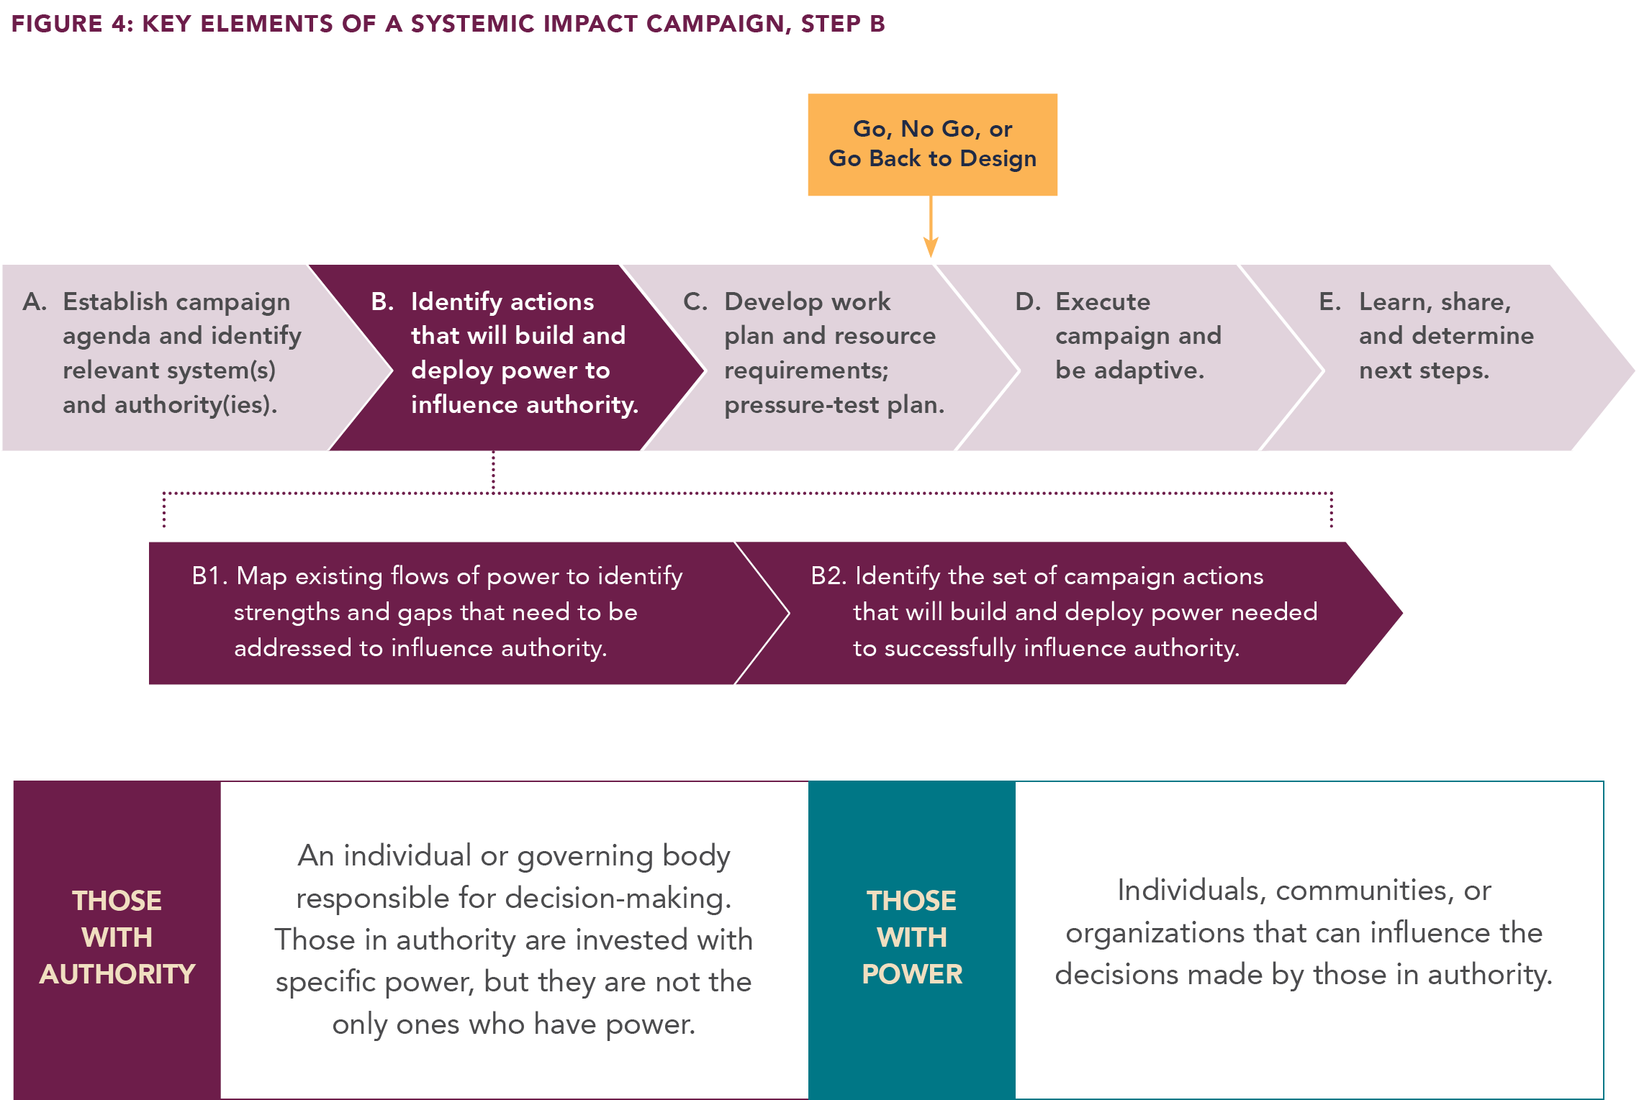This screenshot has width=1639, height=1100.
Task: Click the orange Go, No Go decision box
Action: [x=932, y=165]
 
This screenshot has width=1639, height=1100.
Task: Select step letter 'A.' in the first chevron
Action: [x=35, y=301]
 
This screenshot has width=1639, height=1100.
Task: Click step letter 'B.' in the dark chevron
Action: [x=382, y=301]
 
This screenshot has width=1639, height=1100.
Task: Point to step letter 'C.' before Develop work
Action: [x=695, y=301]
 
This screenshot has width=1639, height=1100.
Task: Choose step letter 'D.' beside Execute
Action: [x=1028, y=301]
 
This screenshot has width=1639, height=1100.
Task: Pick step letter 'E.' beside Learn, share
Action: [x=1329, y=301]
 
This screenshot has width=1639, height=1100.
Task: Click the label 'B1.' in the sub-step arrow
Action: [x=209, y=576]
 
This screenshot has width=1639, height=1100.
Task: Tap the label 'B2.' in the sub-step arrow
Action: [x=828, y=576]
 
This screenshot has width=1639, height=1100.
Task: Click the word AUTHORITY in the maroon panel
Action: [x=117, y=974]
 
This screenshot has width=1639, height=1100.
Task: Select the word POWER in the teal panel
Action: [x=912, y=974]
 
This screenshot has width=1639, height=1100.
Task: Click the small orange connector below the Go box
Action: [x=931, y=247]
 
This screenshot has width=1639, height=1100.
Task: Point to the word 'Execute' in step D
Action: [x=1103, y=301]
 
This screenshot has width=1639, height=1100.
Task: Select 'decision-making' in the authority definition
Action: [x=616, y=898]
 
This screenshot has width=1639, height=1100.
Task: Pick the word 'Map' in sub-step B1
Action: [x=262, y=576]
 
